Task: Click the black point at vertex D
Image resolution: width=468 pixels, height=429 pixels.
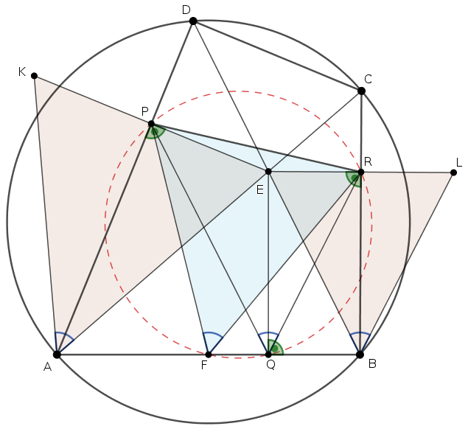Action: [193, 21]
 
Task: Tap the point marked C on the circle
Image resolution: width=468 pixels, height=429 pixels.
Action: [361, 91]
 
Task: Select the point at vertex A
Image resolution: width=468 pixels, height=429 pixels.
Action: [57, 355]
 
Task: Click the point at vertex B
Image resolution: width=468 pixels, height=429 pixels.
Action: [360, 355]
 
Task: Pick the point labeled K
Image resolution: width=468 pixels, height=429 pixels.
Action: [34, 76]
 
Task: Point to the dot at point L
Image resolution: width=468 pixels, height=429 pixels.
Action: [453, 172]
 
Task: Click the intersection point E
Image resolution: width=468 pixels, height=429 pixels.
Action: [268, 172]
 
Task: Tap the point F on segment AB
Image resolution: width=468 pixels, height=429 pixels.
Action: [209, 355]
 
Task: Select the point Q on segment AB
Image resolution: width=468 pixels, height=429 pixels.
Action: [268, 355]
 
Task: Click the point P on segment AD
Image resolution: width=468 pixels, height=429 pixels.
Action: [151, 124]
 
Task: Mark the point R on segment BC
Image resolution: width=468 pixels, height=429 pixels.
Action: [360, 172]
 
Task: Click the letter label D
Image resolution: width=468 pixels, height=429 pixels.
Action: [186, 10]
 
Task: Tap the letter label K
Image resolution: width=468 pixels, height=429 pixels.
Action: [22, 71]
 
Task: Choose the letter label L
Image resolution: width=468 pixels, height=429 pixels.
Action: [459, 162]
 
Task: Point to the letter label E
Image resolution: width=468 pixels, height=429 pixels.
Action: [259, 189]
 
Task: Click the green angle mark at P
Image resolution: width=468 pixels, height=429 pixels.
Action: [155, 132]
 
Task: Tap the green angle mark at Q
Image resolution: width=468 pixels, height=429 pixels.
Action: [275, 348]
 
